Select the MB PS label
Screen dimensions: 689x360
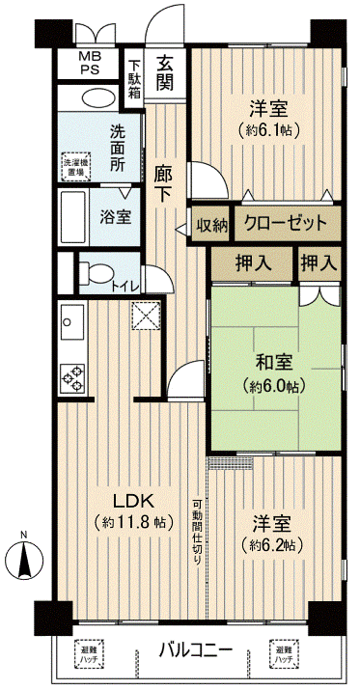point(89,63)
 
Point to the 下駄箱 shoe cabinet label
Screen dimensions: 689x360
point(135,75)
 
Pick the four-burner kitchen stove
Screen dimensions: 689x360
point(72,374)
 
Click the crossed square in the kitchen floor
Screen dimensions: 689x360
point(146,314)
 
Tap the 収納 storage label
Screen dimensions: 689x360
point(211,226)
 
